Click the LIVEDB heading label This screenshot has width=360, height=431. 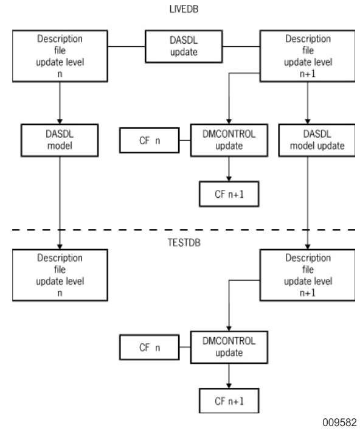[x=184, y=9]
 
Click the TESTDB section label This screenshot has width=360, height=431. [x=184, y=242]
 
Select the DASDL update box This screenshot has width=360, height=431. [x=184, y=46]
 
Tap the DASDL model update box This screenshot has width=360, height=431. [x=317, y=140]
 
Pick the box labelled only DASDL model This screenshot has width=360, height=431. [x=60, y=140]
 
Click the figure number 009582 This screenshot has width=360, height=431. [x=339, y=422]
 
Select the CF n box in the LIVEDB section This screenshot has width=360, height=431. [x=150, y=140]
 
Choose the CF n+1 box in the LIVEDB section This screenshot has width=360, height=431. [x=229, y=194]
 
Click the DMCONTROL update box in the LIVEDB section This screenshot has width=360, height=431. [x=229, y=140]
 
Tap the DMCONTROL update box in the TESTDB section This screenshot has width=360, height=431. [x=229, y=347]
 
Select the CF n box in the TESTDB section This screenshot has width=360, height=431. [x=150, y=347]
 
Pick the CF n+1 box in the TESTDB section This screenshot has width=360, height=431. [x=229, y=401]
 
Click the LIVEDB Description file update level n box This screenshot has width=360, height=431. [x=60, y=56]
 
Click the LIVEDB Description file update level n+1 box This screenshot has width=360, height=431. [x=308, y=56]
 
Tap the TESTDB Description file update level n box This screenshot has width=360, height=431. [x=60, y=275]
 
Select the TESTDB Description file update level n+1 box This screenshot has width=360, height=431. [x=308, y=275]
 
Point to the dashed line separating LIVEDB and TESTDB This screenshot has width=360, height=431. [x=184, y=230]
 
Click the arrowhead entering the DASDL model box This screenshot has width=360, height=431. [x=60, y=122]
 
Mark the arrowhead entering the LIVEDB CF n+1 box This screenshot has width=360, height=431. [x=229, y=179]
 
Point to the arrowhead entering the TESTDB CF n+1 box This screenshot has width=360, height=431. [x=229, y=386]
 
